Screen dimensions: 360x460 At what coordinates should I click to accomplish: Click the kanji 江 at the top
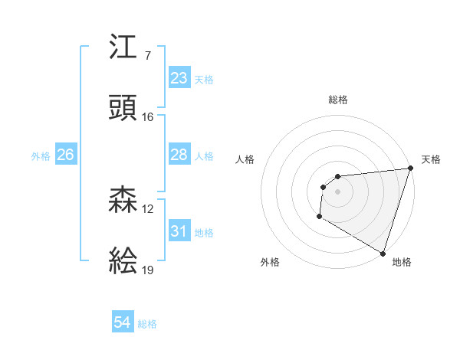tap(123, 48)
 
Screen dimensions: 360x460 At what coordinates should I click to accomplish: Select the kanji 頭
tap(123, 108)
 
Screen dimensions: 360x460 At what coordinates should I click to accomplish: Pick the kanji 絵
tap(123, 261)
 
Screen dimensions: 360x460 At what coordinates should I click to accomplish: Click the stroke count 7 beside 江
tap(147, 57)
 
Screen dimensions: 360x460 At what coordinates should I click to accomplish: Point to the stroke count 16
tap(148, 117)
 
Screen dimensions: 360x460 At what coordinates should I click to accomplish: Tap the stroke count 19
tap(148, 270)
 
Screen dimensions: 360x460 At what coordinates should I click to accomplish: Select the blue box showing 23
tap(179, 78)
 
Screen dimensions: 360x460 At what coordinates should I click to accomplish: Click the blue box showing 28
tap(179, 155)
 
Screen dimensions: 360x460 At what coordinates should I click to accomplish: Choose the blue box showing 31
tap(179, 231)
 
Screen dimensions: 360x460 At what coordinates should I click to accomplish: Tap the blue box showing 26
tap(65, 155)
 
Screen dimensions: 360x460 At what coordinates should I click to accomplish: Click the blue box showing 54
tap(123, 323)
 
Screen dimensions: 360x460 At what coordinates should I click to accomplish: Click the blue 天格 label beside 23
tap(204, 80)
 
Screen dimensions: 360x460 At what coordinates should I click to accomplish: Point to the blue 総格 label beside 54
tap(147, 325)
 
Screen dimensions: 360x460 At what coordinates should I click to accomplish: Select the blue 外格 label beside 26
tap(41, 156)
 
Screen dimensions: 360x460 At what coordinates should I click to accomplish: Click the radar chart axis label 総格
tap(337, 100)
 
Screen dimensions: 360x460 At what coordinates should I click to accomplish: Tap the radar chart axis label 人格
tap(245, 159)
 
